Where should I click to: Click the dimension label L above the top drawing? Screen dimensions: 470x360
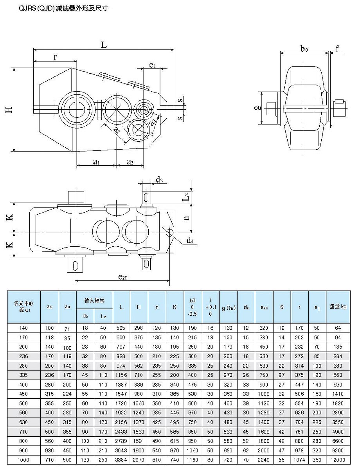104,45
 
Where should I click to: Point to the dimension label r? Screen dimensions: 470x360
55,57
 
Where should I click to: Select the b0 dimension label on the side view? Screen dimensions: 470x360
304,49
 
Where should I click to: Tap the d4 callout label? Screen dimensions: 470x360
190,240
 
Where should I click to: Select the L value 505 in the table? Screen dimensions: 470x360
121,328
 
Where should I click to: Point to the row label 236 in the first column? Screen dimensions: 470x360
24,356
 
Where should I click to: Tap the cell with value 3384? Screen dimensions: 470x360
121,459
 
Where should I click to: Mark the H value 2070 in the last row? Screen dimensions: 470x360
139,459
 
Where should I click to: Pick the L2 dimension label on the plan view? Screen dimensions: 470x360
187,197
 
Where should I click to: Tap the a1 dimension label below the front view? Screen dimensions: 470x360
95,161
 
